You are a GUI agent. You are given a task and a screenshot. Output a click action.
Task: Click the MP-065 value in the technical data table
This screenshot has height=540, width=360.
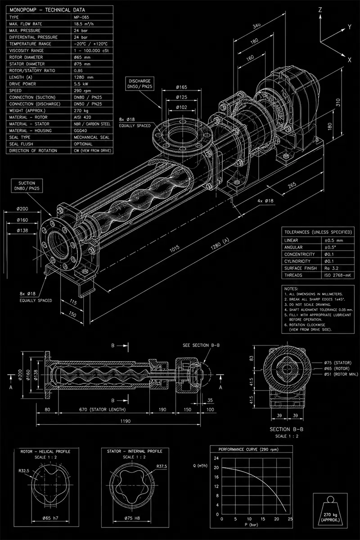(x=81, y=17)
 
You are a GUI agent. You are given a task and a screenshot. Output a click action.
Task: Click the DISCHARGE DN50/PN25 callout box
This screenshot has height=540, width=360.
(x=139, y=84)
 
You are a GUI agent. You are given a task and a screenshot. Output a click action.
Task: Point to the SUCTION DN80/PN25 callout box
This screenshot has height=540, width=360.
(x=27, y=186)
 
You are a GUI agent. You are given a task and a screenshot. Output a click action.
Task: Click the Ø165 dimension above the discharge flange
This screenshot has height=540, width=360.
(x=181, y=87)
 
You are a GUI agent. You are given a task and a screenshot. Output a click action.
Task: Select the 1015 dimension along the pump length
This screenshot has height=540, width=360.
(x=174, y=248)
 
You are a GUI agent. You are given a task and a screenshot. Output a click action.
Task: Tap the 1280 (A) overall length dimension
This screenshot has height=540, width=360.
(x=220, y=244)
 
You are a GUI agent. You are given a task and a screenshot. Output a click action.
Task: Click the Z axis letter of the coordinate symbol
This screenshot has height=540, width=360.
(x=320, y=10)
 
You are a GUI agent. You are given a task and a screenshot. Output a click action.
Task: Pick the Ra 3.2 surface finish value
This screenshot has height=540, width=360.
(x=331, y=268)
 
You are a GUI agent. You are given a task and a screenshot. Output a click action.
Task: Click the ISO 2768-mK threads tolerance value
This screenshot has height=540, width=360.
(x=337, y=275)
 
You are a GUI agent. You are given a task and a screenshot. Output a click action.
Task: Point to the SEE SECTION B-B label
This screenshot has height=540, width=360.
(x=201, y=345)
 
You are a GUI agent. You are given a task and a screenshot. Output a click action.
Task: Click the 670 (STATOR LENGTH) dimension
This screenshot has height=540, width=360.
(x=103, y=409)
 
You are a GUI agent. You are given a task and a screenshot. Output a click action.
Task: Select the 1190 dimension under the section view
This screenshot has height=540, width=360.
(x=126, y=421)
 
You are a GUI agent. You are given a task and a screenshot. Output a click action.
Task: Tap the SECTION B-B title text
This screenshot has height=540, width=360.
(x=287, y=429)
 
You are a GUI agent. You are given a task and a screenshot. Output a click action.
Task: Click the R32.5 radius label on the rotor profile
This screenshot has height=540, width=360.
(x=24, y=471)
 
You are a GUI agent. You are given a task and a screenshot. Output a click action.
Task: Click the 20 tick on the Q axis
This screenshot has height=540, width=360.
(x=216, y=468)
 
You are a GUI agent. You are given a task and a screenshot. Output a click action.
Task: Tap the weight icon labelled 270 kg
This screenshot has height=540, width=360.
(x=330, y=511)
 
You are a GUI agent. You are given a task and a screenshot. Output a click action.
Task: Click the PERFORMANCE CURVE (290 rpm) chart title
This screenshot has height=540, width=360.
(x=248, y=450)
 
